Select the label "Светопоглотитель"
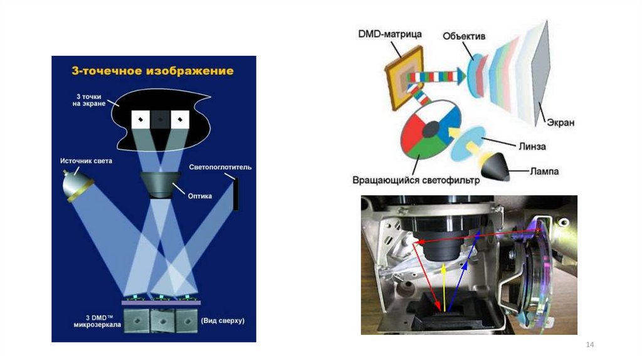point(220,167)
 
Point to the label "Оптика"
point(200,196)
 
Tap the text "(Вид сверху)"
point(223,320)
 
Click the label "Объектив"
point(464,36)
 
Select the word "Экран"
point(559,123)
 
